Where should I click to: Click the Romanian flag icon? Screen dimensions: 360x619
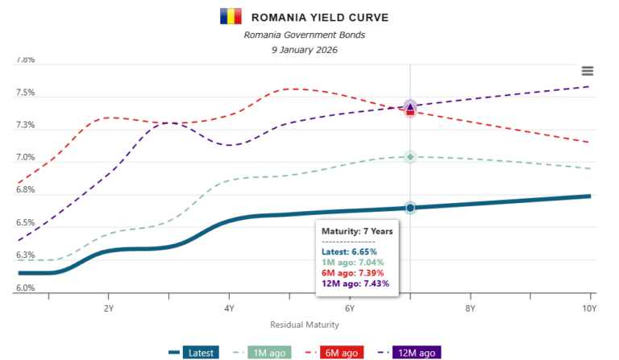[x=230, y=16]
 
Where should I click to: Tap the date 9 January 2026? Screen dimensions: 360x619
[x=305, y=50]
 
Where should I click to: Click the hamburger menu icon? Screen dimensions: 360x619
[x=588, y=72]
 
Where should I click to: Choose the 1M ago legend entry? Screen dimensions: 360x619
[x=264, y=353]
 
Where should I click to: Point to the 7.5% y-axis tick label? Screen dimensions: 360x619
[x=25, y=93]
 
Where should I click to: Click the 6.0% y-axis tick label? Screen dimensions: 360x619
[x=25, y=288]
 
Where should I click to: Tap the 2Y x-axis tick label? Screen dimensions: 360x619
[x=108, y=308]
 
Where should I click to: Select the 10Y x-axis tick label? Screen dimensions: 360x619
[x=589, y=308]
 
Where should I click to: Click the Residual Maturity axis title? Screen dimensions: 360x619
[x=305, y=325]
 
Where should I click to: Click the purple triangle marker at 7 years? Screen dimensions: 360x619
[x=410, y=106]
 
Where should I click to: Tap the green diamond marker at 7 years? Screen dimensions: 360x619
[x=410, y=156]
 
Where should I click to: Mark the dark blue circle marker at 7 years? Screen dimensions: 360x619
[x=410, y=208]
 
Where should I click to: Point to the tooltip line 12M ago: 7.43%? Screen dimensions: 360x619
[x=355, y=283]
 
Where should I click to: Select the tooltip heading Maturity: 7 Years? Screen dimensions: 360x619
[x=357, y=231]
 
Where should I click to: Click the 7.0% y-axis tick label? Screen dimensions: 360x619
[x=25, y=159]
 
